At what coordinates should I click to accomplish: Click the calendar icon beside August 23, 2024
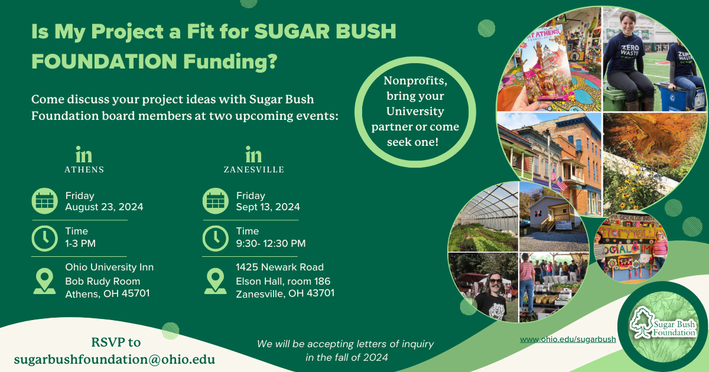[x=45, y=201]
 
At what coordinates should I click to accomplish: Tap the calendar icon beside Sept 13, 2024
[x=216, y=201]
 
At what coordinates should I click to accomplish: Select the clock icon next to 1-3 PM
[x=45, y=238]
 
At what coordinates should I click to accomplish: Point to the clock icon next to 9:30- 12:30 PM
[x=216, y=238]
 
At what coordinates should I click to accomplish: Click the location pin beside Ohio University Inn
[x=44, y=281]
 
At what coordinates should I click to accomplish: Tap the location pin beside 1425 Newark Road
[x=215, y=281]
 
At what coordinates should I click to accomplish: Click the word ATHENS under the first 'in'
[x=84, y=170]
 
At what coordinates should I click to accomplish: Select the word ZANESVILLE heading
[x=254, y=170]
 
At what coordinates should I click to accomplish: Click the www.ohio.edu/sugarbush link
[x=568, y=340]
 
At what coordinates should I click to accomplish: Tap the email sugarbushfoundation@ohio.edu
[x=115, y=360]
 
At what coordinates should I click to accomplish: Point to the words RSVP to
[x=116, y=342]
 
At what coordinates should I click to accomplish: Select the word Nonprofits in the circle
[x=415, y=81]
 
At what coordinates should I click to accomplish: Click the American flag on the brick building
[x=561, y=182]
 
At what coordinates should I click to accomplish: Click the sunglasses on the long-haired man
[x=495, y=280]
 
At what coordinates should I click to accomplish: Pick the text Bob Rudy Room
[x=103, y=281]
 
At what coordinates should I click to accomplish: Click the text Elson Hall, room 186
[x=283, y=281]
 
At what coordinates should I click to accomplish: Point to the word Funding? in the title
[x=230, y=61]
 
